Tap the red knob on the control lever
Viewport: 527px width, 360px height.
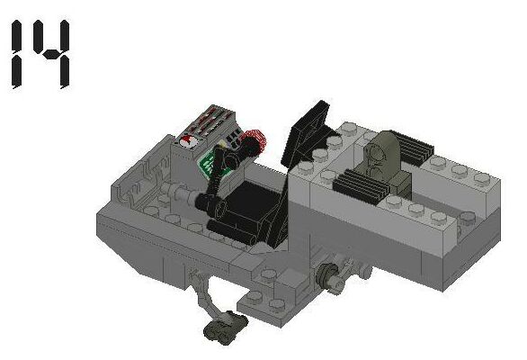click(x=255, y=141)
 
